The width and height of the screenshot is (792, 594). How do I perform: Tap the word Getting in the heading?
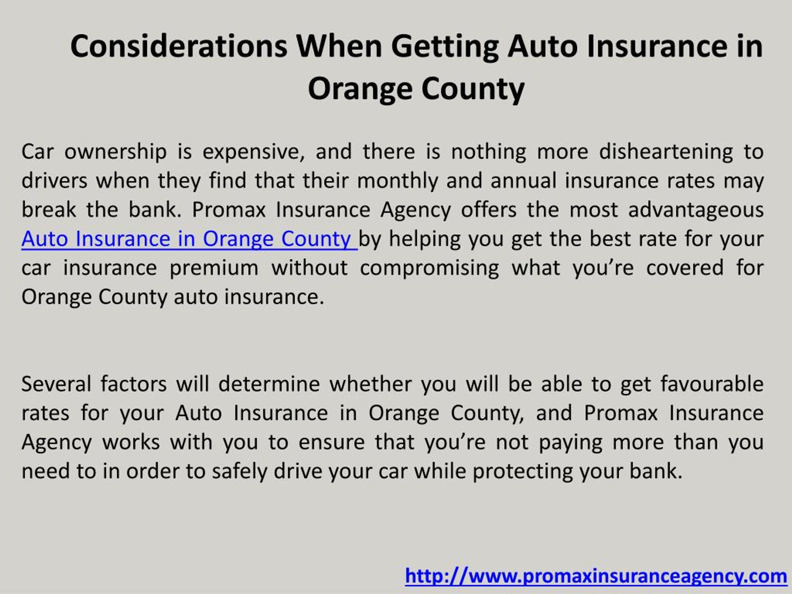click(445, 47)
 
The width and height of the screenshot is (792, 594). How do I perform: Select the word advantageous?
click(696, 210)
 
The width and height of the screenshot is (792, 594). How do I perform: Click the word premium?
click(213, 268)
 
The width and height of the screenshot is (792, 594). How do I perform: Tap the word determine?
click(269, 384)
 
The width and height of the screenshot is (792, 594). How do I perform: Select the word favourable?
click(712, 384)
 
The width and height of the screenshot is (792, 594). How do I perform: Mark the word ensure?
click(331, 442)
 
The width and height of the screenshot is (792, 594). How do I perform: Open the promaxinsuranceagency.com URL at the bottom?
click(596, 576)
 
